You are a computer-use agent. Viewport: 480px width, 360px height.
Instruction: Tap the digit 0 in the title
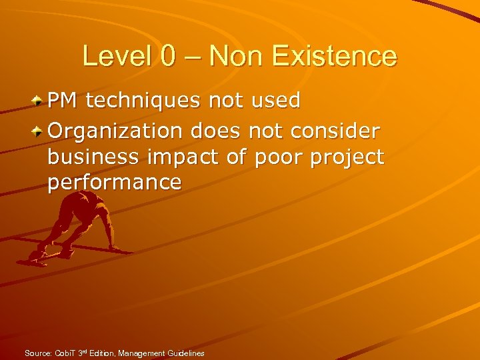169,57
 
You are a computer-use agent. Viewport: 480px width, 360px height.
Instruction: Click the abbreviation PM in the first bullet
62,101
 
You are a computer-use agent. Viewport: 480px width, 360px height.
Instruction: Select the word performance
114,183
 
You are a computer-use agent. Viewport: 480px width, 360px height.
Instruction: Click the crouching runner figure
73,227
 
